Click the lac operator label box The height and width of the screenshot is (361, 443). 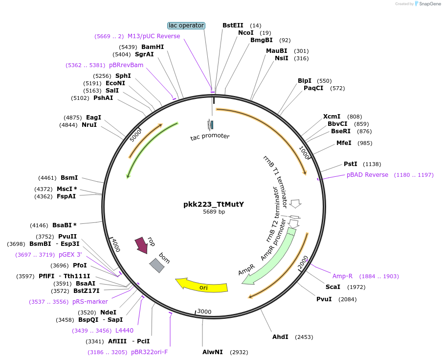tap(186, 25)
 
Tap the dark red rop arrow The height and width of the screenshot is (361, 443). tap(141, 244)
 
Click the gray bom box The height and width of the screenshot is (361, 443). tap(157, 265)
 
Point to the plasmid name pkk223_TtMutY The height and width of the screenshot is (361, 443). tap(214, 204)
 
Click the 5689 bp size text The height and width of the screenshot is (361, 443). tap(214, 212)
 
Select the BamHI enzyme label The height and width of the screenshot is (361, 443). tap(153, 47)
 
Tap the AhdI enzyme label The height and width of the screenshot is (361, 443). tap(281, 337)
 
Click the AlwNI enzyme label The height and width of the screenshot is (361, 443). tap(213, 352)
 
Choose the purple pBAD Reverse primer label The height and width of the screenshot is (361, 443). tap(367, 175)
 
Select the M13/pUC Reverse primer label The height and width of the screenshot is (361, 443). tap(154, 36)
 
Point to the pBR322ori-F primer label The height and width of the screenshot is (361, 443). tap(149, 352)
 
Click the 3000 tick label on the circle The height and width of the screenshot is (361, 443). tap(204, 312)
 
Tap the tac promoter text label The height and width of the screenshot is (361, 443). tap(210, 136)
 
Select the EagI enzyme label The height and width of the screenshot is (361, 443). tap(93, 118)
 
